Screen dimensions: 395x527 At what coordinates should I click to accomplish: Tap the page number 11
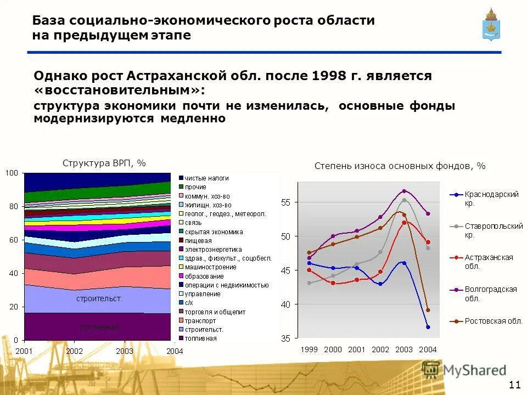[x=515, y=383]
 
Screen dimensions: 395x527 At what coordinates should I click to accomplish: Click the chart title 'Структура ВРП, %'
[x=104, y=163]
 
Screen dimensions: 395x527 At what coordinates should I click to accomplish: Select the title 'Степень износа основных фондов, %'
[x=400, y=166]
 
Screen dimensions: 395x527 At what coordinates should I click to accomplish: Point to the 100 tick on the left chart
[x=12, y=173]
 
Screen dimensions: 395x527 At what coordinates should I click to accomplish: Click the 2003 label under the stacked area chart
[x=125, y=351]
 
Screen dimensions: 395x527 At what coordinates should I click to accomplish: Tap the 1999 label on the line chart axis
[x=309, y=349]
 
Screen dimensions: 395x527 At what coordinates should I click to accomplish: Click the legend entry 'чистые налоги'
[x=206, y=178]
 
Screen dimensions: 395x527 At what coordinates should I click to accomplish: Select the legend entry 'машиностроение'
[x=210, y=267]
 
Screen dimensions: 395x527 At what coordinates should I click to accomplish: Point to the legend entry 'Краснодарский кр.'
[x=491, y=198]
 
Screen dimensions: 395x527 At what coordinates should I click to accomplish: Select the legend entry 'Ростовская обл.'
[x=492, y=321]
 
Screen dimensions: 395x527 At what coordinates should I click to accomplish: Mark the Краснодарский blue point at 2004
[x=428, y=327]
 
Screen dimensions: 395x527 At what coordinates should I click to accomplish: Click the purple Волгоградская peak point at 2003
[x=404, y=191]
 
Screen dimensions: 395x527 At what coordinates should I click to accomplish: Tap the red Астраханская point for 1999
[x=309, y=270]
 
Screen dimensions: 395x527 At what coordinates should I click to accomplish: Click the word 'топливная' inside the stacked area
[x=99, y=328]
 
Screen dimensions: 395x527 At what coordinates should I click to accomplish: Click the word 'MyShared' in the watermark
[x=475, y=370]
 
